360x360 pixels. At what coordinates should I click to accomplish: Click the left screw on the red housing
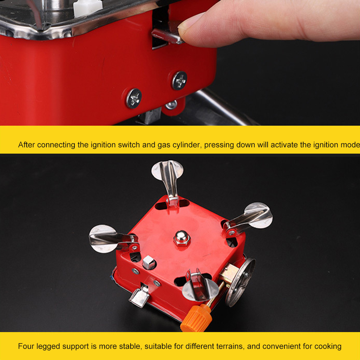(134, 98)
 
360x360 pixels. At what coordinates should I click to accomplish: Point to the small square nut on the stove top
(148, 263)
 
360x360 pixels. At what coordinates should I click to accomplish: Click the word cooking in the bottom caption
(327, 346)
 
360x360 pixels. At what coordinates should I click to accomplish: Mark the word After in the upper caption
(27, 145)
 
